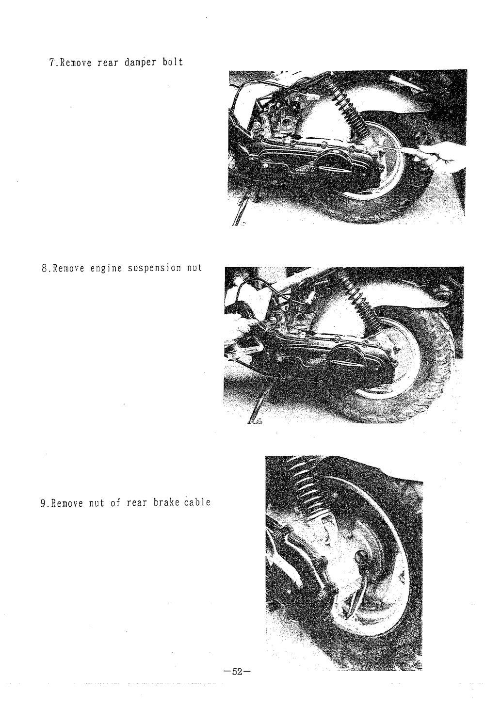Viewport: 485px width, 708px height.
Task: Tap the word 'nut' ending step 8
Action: pos(194,268)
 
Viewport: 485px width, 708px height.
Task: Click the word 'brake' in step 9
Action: pos(166,502)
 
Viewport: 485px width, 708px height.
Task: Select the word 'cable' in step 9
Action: pos(196,502)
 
